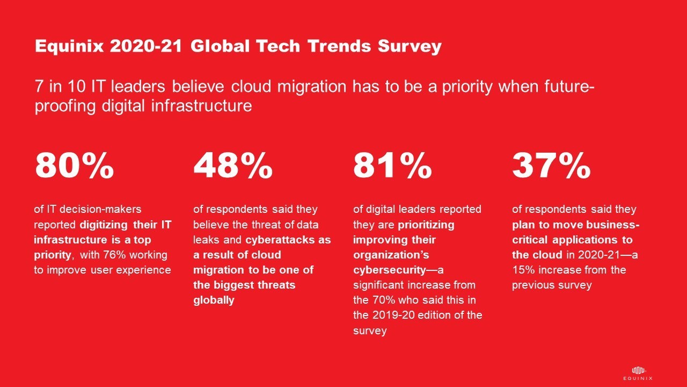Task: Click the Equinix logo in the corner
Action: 638,373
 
